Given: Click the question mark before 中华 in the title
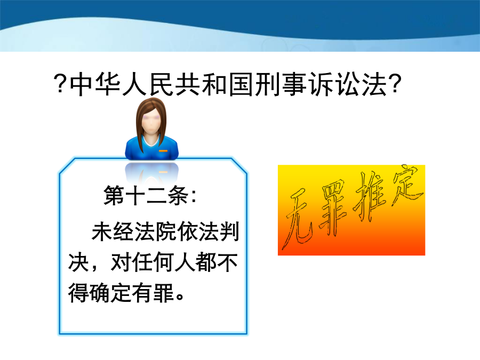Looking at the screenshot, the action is [x=60, y=83].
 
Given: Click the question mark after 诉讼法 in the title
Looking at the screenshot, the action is [x=395, y=83].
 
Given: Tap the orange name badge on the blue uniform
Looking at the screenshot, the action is [x=163, y=151].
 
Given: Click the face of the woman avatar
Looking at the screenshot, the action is [x=151, y=122].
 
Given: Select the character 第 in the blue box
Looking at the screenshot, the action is [x=114, y=195].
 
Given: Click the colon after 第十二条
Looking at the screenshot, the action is [x=194, y=196].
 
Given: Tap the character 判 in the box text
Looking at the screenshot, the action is [x=229, y=231].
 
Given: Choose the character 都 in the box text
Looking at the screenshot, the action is [x=206, y=262].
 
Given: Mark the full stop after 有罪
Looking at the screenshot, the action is [x=180, y=297].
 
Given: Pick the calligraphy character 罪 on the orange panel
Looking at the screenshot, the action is [x=333, y=209].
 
